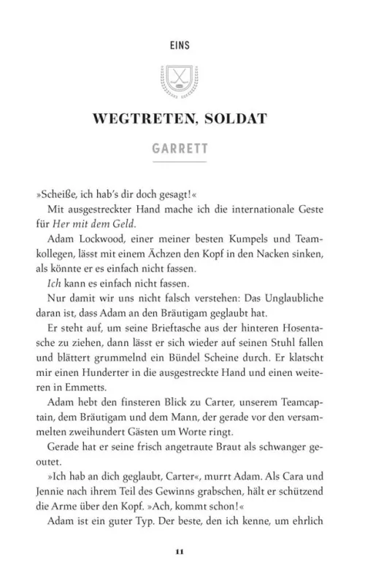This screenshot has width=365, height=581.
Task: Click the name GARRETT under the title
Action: click(x=182, y=150)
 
